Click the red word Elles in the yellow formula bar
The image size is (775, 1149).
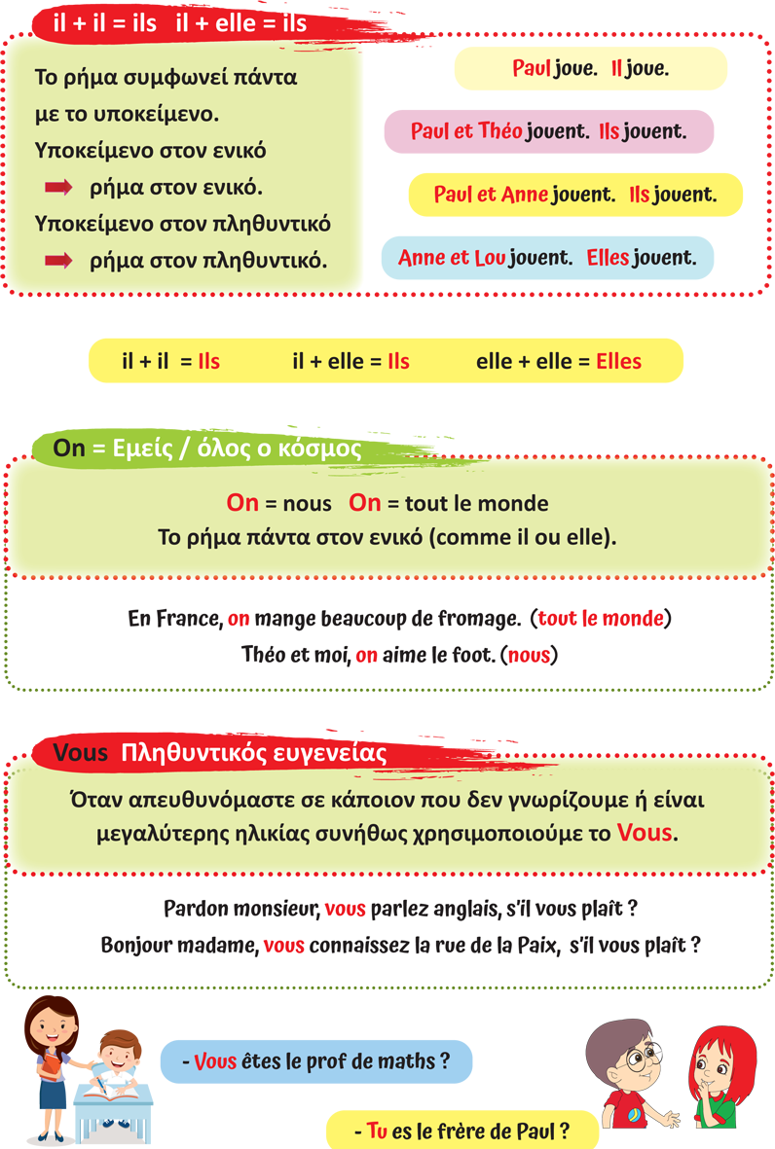point(618,362)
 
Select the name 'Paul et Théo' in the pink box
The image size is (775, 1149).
point(466,131)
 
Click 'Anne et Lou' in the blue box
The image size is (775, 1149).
point(452,258)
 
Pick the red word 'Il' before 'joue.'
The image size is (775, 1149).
point(616,69)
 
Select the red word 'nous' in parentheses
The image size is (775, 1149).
point(529,656)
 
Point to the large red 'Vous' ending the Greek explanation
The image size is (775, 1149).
point(644,834)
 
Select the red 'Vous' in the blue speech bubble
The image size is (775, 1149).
point(215,1061)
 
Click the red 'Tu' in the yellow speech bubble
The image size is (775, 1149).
point(377,1131)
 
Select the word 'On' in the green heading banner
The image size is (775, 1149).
point(69,449)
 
